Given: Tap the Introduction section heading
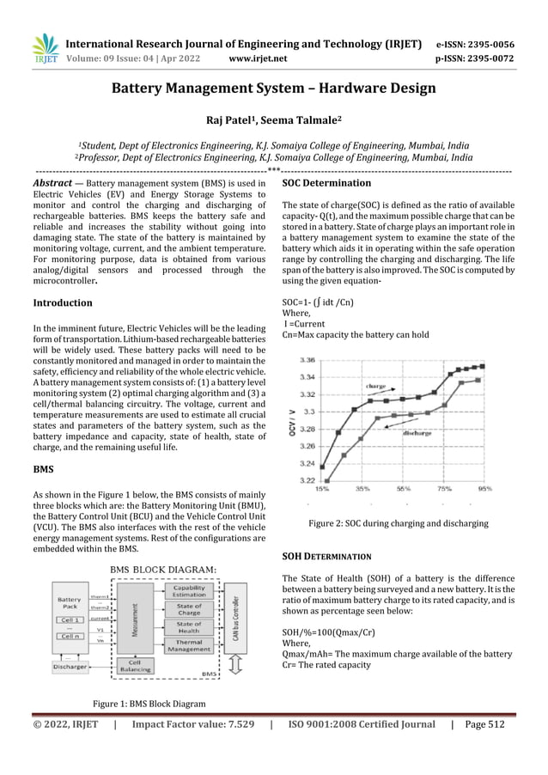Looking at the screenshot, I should [62, 303].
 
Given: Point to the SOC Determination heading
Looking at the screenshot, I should [326, 183].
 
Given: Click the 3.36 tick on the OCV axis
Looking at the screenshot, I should [305, 361].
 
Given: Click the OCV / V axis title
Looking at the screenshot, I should [293, 418].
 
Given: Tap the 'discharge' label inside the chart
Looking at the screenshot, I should [417, 434].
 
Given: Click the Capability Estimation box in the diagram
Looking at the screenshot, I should [189, 591].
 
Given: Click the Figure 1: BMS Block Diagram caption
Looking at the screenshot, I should [149, 705].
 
